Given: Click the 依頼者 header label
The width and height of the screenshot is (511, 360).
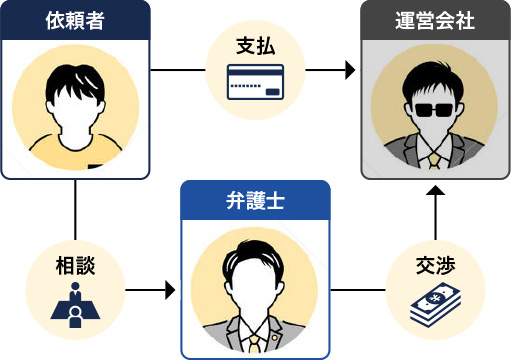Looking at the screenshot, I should point(75,20).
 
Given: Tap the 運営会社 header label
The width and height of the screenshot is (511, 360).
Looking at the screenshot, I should point(435,20).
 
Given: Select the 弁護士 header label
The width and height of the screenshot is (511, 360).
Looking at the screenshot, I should point(255,200).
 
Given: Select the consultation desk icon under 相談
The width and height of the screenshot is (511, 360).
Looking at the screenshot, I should point(76,304).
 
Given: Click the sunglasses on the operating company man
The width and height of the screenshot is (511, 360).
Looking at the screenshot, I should point(435,111).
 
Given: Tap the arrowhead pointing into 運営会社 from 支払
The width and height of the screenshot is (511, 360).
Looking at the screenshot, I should point(350,71).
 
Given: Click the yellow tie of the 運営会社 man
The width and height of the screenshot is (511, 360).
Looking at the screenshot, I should point(435,160).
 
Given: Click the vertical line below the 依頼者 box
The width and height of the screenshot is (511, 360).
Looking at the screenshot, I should point(76,210).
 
